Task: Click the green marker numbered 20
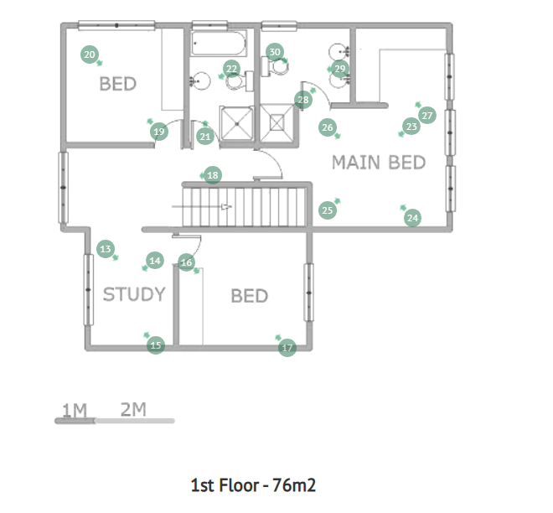click(90, 54)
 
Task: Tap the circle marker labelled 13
click(106, 249)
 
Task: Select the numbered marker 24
click(412, 218)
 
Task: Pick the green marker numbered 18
click(213, 175)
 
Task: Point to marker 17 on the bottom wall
click(287, 348)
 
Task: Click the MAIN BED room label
click(379, 163)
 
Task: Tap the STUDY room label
click(134, 294)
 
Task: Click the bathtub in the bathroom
click(219, 43)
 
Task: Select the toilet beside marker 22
click(240, 82)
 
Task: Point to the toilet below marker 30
click(275, 66)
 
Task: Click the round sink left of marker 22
click(200, 80)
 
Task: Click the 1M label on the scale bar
click(75, 411)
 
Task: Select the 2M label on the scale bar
click(133, 409)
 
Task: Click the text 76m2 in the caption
click(294, 485)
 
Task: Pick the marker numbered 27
click(427, 116)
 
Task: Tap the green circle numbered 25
click(328, 210)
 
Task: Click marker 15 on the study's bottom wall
click(156, 345)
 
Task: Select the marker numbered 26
click(328, 127)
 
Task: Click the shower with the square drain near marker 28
click(276, 122)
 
